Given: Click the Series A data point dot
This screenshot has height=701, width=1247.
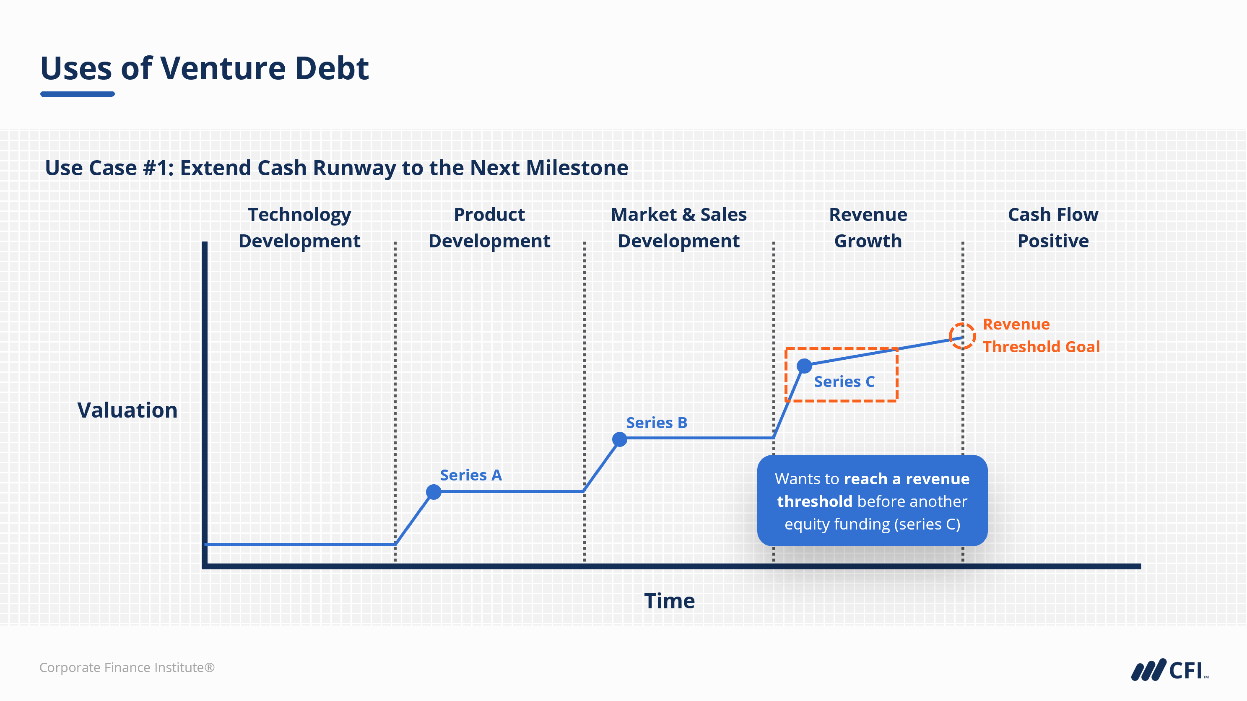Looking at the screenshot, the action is [434, 492].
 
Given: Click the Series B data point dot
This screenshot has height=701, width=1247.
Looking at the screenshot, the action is [620, 439].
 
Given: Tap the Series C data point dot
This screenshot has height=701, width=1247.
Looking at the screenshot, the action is [804, 366].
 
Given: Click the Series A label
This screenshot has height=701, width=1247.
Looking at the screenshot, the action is [470, 475].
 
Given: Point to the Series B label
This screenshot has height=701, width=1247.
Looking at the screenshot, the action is [657, 423].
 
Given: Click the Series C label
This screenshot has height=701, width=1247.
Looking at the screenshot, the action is [844, 382].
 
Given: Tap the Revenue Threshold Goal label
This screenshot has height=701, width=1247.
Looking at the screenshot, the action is [1041, 335].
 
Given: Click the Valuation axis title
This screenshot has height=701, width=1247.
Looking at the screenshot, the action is [127, 410].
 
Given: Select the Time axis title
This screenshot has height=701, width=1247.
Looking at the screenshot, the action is [670, 601].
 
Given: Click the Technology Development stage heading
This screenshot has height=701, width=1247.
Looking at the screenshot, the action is [299, 228].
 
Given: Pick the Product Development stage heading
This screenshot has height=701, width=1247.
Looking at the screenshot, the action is [489, 228].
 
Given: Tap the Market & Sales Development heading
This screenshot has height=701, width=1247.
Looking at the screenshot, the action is [679, 228].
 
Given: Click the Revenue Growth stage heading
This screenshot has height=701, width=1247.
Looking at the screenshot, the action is [868, 228].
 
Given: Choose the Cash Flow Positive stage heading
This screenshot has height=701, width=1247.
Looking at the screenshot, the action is [1053, 228].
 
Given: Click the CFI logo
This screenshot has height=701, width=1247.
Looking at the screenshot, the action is [1169, 670].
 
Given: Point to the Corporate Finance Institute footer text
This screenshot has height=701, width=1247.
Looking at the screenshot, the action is [127, 667].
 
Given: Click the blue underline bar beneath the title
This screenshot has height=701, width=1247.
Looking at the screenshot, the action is [78, 94].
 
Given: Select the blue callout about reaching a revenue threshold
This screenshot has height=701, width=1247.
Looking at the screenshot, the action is [872, 501].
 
